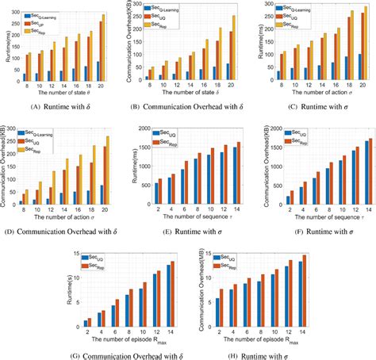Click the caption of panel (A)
[x=62, y=101]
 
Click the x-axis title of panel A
[x=62, y=91]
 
